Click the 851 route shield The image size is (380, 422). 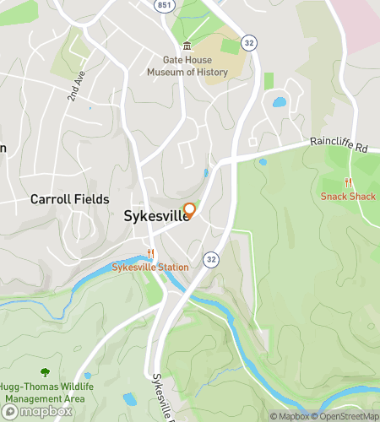point(162,4)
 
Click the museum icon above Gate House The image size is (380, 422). point(187,46)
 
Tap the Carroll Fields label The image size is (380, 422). point(69,199)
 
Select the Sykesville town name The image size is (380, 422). point(155,216)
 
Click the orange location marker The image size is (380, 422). point(190,210)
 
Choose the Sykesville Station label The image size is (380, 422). point(151,267)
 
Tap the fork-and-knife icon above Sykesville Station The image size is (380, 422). point(150,253)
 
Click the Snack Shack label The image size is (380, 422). point(347,197)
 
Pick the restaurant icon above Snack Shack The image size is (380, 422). point(347,183)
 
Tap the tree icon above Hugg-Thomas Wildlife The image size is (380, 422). point(44,372)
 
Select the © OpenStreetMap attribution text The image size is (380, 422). point(346,415)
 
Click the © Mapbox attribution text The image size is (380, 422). point(289,415)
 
